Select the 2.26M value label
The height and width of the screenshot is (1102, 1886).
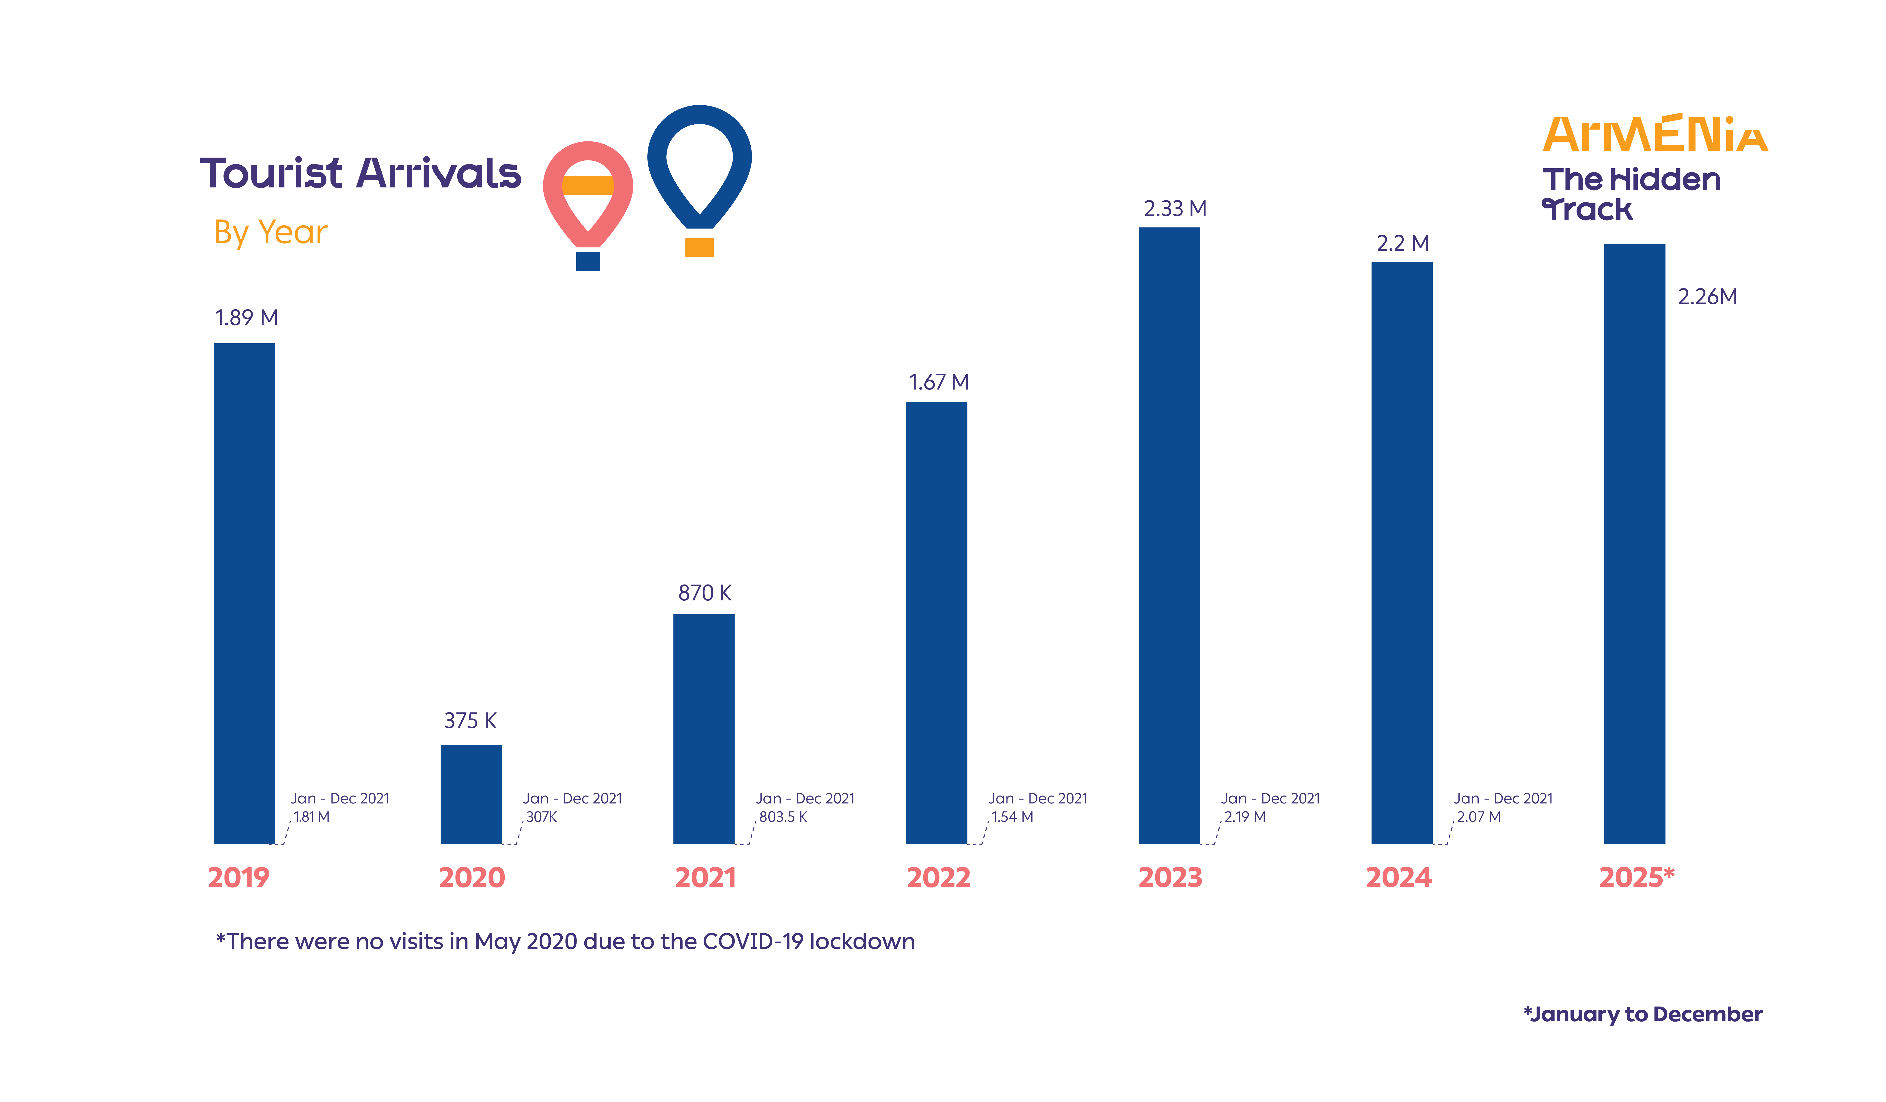tap(1707, 297)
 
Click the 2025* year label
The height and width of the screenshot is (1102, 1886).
tap(1636, 877)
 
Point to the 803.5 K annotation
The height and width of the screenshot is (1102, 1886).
tap(783, 817)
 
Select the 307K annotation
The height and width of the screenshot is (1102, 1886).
tap(541, 817)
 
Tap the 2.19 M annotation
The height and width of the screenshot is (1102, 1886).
tap(1245, 817)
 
